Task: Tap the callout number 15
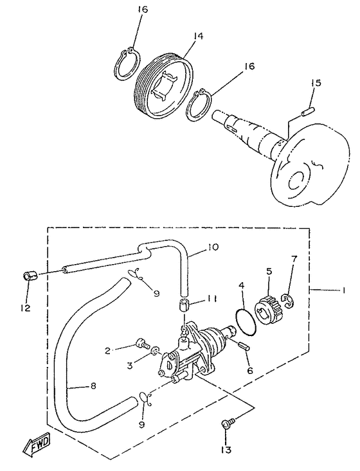pyautogui.click(x=316, y=84)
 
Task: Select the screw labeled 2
pyautogui.click(x=141, y=342)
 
